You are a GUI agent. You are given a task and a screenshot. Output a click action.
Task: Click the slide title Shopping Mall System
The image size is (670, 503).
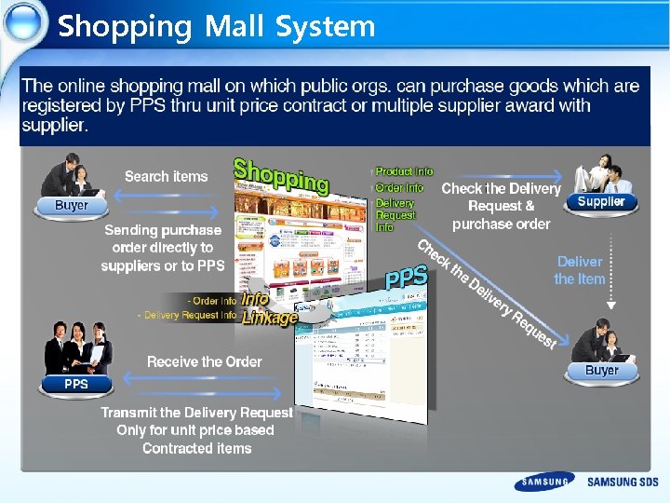[x=216, y=26]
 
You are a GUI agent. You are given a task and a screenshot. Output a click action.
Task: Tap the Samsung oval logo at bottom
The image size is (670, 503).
[x=544, y=482]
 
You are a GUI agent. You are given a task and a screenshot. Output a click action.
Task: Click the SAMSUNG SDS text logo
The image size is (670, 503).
[x=623, y=483]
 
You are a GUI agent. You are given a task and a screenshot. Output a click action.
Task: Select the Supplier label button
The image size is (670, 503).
[x=601, y=201]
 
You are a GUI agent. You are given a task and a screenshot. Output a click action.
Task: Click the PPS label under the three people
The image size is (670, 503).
[x=76, y=384]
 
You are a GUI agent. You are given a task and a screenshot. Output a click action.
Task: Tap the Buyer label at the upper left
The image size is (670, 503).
[x=72, y=205]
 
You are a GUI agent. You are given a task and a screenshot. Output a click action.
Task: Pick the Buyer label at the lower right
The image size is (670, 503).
[x=601, y=371]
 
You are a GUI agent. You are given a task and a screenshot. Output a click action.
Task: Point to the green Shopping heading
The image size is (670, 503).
[x=280, y=174]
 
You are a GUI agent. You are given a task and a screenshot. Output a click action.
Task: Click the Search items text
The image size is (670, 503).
[x=167, y=176]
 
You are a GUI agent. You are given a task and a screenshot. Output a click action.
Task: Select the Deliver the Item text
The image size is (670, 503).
[x=580, y=270]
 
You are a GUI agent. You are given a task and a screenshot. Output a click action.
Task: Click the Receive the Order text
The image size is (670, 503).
[x=205, y=361]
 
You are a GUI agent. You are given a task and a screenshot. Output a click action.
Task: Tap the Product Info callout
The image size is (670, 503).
[x=404, y=172]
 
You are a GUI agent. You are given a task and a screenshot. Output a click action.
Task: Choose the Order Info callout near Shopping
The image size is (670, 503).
[x=399, y=187]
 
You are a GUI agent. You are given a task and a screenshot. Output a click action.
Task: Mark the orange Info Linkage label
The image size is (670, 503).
[x=268, y=308]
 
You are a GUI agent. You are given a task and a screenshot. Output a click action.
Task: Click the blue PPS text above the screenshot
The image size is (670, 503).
[x=407, y=278]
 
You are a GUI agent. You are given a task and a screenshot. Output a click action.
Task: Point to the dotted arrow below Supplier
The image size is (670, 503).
[x=611, y=270]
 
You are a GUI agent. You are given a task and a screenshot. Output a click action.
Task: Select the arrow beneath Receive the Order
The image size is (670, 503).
[x=204, y=378]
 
